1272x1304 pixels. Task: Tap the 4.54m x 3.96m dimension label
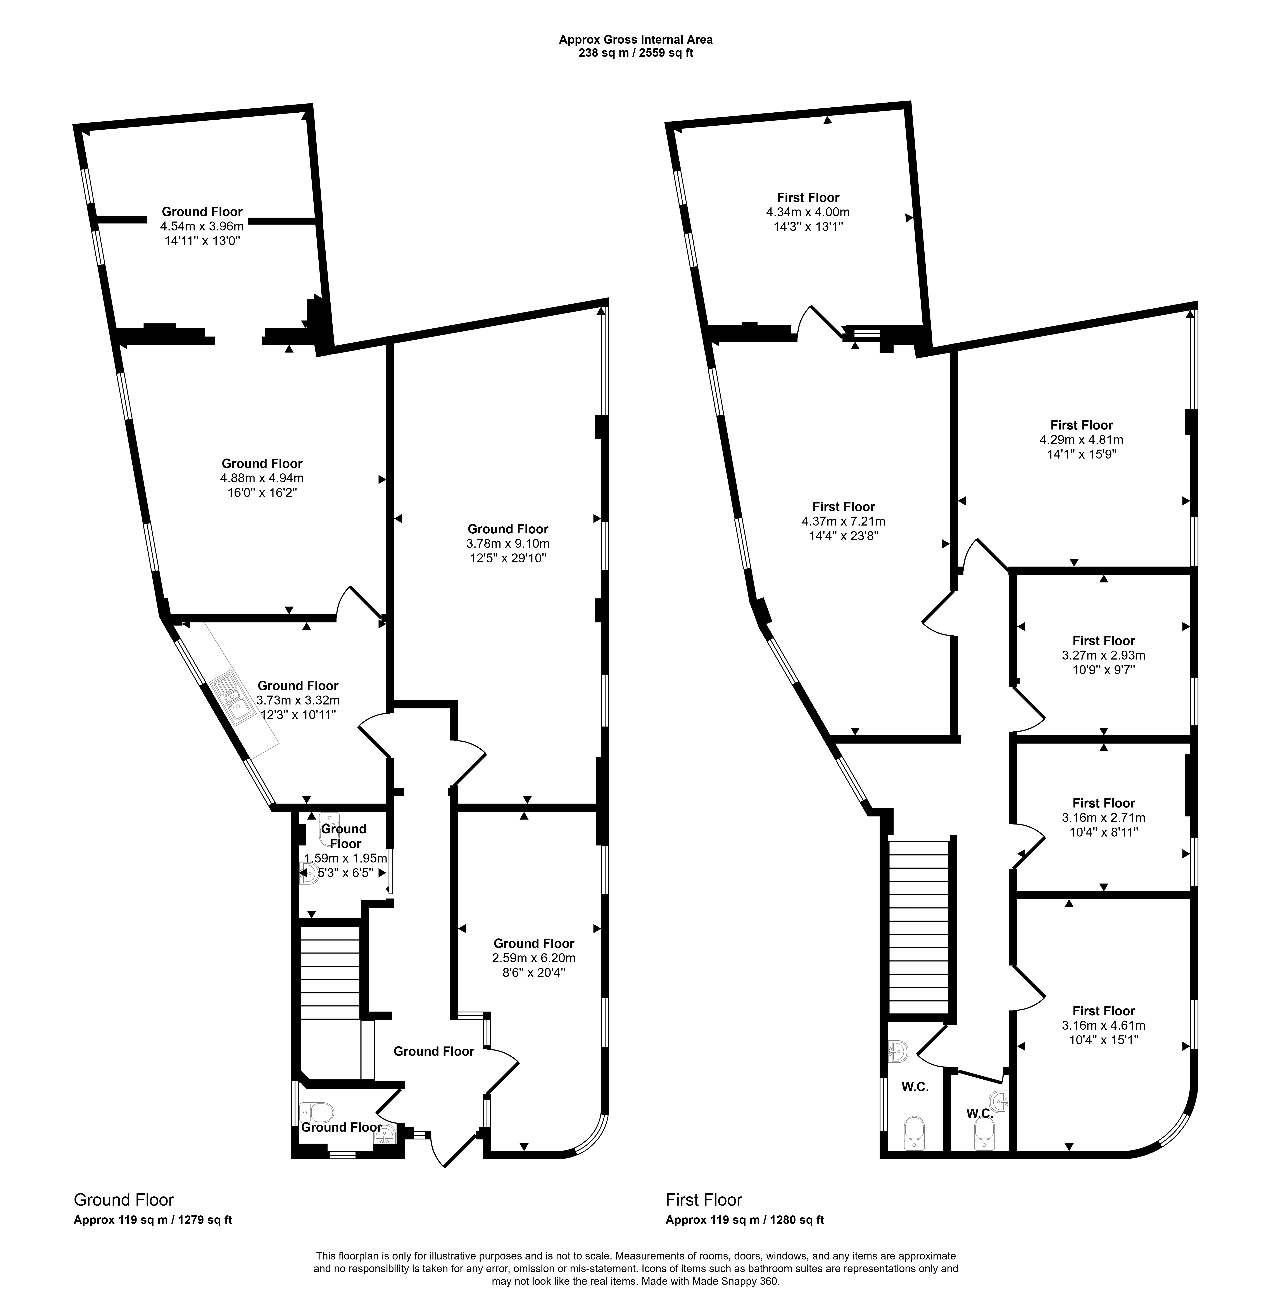(x=202, y=226)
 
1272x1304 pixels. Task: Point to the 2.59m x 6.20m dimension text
(x=534, y=958)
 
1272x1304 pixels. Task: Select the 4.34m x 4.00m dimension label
(x=808, y=212)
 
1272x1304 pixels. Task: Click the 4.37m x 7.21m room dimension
(x=843, y=521)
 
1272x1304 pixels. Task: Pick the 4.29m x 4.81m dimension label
(x=1081, y=440)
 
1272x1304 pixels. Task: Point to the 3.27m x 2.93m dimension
(x=1104, y=656)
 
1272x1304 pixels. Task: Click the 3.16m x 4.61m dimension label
(x=1104, y=1026)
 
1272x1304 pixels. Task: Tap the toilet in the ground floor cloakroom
(x=317, y=1112)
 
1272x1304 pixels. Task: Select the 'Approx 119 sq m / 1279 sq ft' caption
(x=153, y=1220)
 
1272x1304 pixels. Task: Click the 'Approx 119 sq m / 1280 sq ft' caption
(x=745, y=1220)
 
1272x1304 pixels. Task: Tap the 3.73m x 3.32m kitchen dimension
(x=298, y=700)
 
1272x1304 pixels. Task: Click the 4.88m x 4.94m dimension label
(x=262, y=478)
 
